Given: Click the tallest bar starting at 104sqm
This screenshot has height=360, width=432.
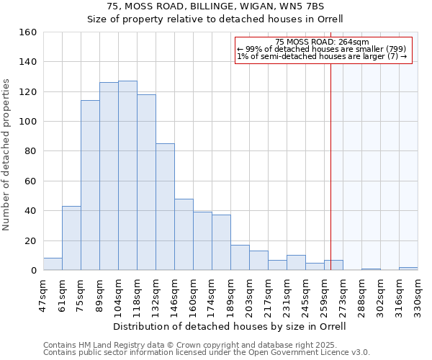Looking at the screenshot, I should [127, 176].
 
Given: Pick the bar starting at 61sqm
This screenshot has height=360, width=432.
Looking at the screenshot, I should [71, 238].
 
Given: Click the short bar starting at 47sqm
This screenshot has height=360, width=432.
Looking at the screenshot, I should [53, 264].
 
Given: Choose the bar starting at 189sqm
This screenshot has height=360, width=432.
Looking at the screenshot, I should [240, 258].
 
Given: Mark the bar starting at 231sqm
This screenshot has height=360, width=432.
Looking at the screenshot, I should [296, 263].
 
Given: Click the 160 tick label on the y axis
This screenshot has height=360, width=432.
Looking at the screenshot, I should [27, 32].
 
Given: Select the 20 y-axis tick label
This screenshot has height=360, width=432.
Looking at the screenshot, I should [30, 240].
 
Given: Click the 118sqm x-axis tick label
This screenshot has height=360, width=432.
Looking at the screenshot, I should [137, 295].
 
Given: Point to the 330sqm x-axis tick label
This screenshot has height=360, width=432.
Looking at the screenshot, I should [418, 295].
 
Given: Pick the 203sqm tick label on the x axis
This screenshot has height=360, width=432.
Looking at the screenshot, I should [249, 295].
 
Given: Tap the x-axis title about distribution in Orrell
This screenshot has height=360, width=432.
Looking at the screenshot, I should [230, 326].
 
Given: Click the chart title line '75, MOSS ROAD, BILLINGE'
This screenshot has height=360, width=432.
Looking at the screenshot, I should [215, 6].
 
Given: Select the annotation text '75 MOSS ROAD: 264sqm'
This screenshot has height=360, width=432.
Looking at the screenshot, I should [322, 42].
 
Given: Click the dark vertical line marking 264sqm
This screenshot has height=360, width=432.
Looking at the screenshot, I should [331, 166].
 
